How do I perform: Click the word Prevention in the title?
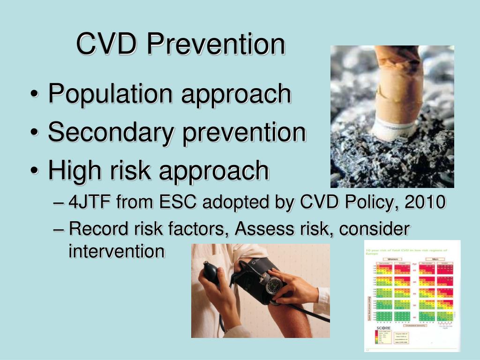215,44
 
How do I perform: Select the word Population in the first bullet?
111,94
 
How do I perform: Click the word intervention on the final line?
116,252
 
